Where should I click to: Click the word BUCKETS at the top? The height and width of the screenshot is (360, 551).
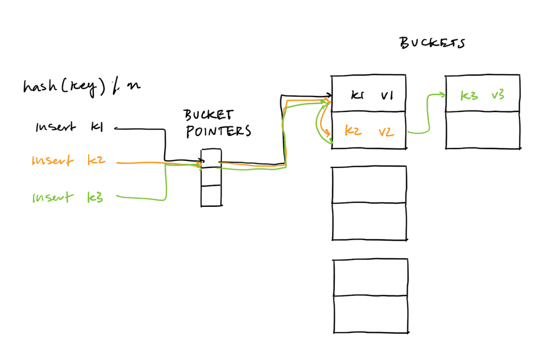pyautogui.click(x=432, y=43)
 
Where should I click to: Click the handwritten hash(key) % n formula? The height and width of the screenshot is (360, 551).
pyautogui.click(x=82, y=86)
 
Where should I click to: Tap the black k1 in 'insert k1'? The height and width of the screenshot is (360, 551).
pyautogui.click(x=97, y=127)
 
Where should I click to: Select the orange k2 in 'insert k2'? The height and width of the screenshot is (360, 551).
pyautogui.click(x=96, y=160)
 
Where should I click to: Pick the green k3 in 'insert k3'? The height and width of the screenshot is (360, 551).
pyautogui.click(x=95, y=197)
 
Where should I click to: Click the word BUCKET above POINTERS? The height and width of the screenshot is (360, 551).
pyautogui.click(x=208, y=115)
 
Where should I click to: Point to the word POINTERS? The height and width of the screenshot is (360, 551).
pyautogui.click(x=218, y=131)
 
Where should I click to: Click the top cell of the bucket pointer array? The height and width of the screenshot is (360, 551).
pyautogui.click(x=211, y=158)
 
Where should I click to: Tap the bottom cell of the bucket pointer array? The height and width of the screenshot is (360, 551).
pyautogui.click(x=211, y=196)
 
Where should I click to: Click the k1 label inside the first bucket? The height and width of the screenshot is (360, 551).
pyautogui.click(x=357, y=95)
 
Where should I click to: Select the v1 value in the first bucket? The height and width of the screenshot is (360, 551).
pyautogui.click(x=387, y=95)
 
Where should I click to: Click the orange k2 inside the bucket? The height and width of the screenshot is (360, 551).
pyautogui.click(x=353, y=131)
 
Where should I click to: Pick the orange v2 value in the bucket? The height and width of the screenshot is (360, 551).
pyautogui.click(x=386, y=132)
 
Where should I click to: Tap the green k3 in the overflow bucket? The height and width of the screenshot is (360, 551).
pyautogui.click(x=469, y=95)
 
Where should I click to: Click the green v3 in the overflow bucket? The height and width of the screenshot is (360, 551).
pyautogui.click(x=498, y=94)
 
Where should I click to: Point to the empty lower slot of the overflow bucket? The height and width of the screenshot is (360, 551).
pyautogui.click(x=483, y=130)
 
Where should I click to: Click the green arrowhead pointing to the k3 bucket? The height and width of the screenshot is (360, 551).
pyautogui.click(x=442, y=94)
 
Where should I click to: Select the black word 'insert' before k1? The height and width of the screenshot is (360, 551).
pyautogui.click(x=56, y=127)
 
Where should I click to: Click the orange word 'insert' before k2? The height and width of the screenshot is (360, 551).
pyautogui.click(x=53, y=160)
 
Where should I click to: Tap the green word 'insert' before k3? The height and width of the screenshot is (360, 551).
pyautogui.click(x=53, y=197)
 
